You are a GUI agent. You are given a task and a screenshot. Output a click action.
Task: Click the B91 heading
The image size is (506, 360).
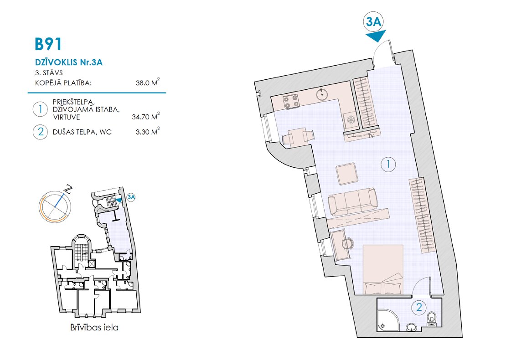48,44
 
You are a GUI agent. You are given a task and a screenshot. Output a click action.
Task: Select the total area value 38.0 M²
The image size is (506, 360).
148,82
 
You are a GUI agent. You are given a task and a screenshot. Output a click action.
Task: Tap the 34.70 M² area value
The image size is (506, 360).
145,117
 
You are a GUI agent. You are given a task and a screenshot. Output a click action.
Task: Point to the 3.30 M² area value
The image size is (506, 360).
148,132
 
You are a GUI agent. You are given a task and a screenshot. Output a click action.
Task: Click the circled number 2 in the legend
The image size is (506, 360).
40,132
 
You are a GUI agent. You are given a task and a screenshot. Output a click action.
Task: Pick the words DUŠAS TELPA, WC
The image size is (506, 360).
82,132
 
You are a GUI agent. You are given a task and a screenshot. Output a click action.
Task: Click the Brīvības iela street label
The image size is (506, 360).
94,328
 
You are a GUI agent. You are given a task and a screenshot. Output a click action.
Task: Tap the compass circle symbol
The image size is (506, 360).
55,207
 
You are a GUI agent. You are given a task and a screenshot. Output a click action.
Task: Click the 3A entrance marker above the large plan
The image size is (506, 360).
373,21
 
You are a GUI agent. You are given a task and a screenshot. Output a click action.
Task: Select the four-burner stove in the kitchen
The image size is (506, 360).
291,102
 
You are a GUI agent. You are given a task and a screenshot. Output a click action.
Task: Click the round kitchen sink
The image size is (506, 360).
322,95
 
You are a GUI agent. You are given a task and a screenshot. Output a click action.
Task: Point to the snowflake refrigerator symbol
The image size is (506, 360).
351,120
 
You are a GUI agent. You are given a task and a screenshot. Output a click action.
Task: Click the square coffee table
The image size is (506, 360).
346,174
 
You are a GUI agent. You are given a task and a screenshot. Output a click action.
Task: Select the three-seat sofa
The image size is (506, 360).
353,201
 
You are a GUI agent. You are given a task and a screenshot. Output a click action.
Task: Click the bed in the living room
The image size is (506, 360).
383,270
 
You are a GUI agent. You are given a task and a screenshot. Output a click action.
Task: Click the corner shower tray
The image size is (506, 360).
388,320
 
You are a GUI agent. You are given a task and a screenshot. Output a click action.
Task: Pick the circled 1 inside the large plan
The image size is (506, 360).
388,164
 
